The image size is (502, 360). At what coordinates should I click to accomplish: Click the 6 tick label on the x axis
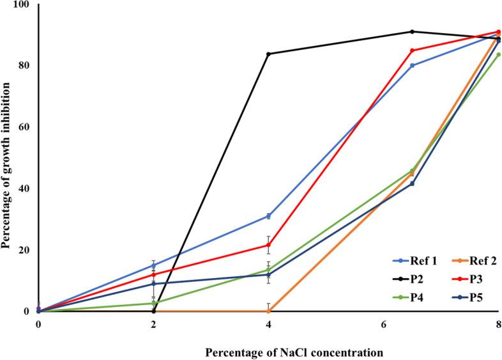(x=384, y=324)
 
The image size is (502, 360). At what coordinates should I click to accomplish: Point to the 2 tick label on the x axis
(x=153, y=324)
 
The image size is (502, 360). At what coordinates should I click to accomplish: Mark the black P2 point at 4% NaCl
(x=268, y=54)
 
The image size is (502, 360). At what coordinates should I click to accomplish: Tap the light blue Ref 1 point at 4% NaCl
(x=268, y=216)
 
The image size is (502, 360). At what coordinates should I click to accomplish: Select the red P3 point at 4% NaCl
(x=268, y=245)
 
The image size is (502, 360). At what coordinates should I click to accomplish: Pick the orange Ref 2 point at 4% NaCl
(x=268, y=311)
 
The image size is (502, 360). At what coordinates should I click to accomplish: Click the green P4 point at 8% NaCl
(x=499, y=54)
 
